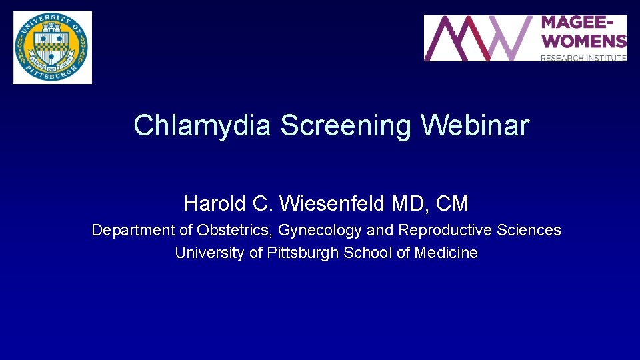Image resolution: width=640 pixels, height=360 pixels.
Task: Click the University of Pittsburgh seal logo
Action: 52,47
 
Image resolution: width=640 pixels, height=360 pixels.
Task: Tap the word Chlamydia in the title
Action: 202,125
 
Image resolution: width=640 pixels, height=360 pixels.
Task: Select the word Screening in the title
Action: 345,125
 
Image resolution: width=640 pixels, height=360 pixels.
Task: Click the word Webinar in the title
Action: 475,125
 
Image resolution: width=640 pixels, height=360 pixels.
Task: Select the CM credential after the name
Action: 452,203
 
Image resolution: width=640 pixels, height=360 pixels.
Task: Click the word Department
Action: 133,231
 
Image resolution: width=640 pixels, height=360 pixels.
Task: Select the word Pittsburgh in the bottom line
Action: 303,253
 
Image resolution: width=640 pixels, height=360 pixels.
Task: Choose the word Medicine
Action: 446,253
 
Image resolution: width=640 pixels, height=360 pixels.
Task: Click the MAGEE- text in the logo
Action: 581,24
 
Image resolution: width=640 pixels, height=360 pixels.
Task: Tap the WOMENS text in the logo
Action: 583,41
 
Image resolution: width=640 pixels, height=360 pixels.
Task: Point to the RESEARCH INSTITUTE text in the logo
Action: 583,58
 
